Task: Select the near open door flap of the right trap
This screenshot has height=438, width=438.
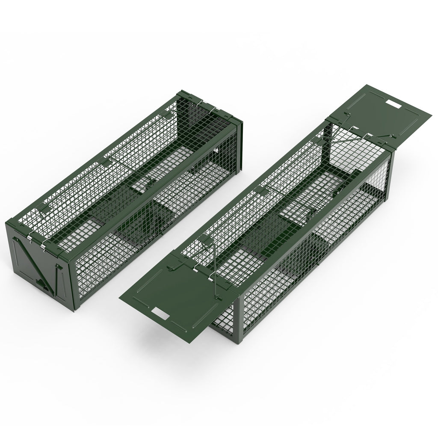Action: [171, 295]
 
